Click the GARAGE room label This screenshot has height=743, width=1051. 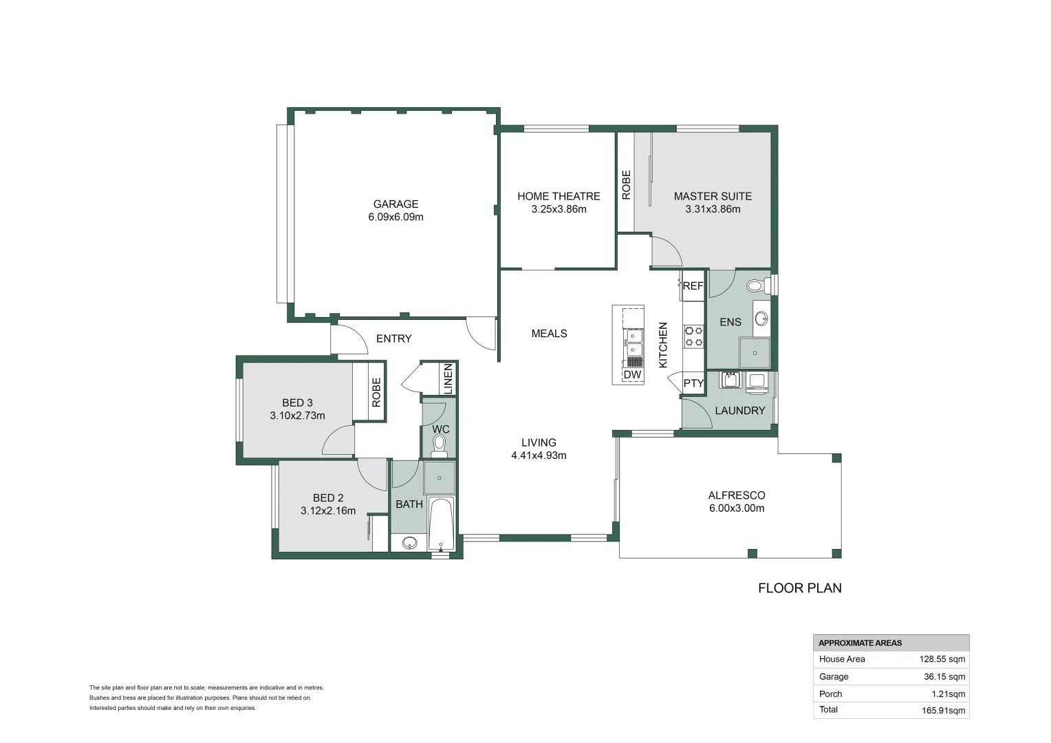click(x=396, y=204)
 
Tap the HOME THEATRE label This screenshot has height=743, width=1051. click(x=559, y=196)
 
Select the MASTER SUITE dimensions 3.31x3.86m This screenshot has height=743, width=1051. click(x=713, y=209)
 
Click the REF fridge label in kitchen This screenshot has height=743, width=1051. click(x=693, y=286)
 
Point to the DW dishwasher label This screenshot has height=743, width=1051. click(x=632, y=375)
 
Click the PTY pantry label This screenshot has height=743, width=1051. click(x=693, y=383)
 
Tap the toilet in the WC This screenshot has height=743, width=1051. click(x=439, y=446)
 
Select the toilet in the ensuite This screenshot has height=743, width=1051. click(x=757, y=285)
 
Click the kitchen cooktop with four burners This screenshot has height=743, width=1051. click(x=693, y=336)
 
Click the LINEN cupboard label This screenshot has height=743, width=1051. click(x=448, y=378)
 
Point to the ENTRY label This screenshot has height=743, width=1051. click(x=394, y=338)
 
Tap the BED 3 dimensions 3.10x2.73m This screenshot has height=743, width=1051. click(x=297, y=416)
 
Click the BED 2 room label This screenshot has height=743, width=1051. click(x=328, y=497)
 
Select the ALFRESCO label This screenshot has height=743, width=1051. click(x=737, y=495)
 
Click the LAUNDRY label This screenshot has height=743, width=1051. click(x=740, y=411)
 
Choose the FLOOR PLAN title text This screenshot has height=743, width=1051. click(x=800, y=588)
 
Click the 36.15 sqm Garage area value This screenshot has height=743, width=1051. click(x=944, y=676)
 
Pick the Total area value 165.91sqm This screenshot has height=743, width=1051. click(x=943, y=711)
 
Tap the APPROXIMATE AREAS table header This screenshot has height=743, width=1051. click(x=860, y=643)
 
